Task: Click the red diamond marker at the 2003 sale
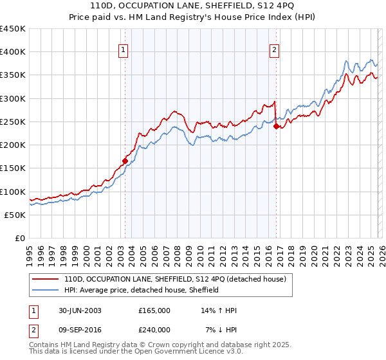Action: click(x=125, y=161)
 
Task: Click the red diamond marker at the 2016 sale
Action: click(x=276, y=127)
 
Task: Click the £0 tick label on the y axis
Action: click(x=19, y=238)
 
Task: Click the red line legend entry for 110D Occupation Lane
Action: click(x=179, y=280)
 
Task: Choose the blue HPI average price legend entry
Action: click(x=142, y=290)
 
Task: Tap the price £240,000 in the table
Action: click(x=154, y=329)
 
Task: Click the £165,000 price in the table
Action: click(x=154, y=310)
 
